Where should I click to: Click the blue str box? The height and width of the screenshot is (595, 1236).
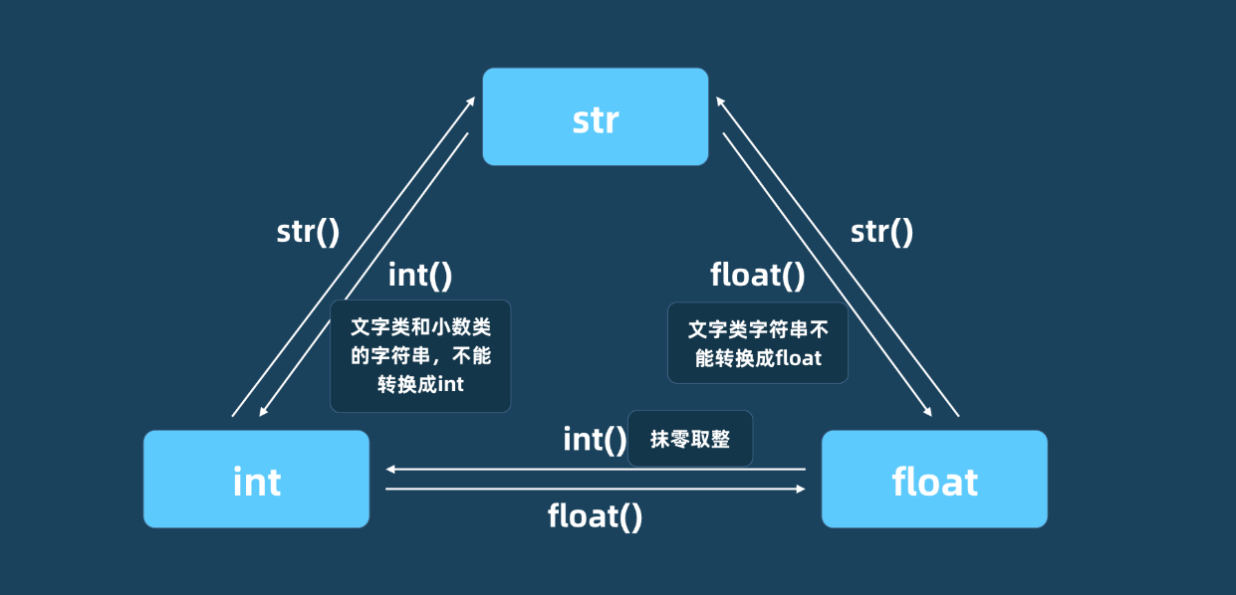pyautogui.click(x=595, y=116)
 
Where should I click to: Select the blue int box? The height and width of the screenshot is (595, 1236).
pyautogui.click(x=256, y=479)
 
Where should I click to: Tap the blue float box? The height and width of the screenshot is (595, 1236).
pyautogui.click(x=934, y=479)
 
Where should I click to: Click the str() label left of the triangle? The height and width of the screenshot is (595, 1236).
pyautogui.click(x=308, y=232)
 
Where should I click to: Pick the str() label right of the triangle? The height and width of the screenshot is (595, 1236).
pyautogui.click(x=881, y=232)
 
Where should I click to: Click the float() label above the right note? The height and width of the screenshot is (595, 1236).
pyautogui.click(x=757, y=275)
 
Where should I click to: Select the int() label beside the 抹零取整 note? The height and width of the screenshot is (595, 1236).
pyautogui.click(x=595, y=439)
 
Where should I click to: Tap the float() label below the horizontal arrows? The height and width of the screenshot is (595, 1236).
pyautogui.click(x=595, y=515)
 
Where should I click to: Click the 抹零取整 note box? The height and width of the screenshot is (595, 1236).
pyautogui.click(x=690, y=439)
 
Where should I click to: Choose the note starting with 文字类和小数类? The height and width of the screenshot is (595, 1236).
pyautogui.click(x=420, y=356)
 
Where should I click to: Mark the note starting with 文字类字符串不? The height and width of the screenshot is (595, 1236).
pyautogui.click(x=758, y=343)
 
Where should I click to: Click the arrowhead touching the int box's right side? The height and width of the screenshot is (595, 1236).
pyautogui.click(x=391, y=469)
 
